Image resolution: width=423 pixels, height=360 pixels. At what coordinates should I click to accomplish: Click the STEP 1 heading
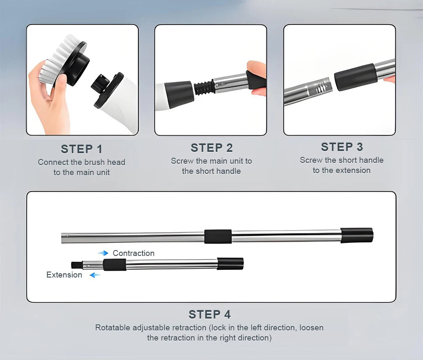tap(82, 149)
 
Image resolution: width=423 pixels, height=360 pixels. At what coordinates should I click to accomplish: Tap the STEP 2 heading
tap(211, 148)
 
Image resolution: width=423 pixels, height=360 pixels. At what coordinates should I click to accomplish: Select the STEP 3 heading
tap(342, 147)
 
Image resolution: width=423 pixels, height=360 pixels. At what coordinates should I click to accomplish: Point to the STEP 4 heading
tap(210, 315)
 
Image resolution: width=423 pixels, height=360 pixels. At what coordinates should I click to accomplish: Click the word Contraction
tap(134, 253)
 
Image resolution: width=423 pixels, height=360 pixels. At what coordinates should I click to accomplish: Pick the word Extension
tap(64, 275)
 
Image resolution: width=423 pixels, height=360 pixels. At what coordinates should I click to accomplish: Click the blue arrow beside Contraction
tap(103, 253)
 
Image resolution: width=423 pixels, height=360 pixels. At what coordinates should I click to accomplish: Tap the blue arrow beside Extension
tap(95, 275)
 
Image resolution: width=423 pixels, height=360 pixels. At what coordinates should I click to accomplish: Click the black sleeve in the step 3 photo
tap(356, 77)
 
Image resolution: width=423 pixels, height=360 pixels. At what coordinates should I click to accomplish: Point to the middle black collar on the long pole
tap(218, 236)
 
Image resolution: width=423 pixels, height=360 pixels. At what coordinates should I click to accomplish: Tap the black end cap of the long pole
tap(357, 235)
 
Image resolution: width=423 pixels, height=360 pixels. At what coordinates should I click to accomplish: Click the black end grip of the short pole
tap(230, 264)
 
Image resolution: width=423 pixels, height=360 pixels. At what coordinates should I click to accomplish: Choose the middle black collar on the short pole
tap(114, 264)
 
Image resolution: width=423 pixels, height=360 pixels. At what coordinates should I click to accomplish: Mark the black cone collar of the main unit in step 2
tap(179, 94)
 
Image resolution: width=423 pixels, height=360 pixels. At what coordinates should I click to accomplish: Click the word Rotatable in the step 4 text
tap(111, 327)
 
